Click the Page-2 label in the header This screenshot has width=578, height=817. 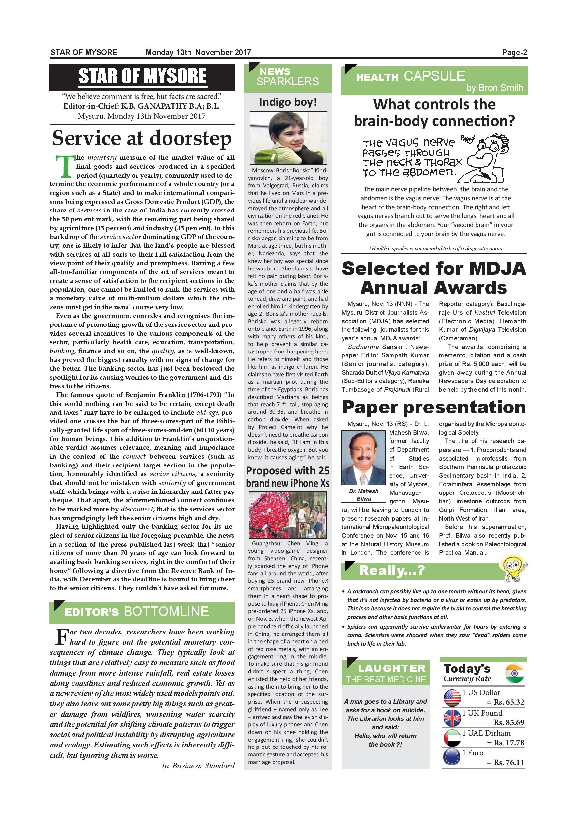point(514,53)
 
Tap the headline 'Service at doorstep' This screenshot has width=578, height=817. point(142,138)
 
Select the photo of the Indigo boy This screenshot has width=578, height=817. point(288,138)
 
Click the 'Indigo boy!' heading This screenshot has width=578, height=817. point(288,102)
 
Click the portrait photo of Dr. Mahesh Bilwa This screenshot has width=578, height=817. point(363,458)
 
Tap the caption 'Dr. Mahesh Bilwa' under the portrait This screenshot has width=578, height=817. point(363,494)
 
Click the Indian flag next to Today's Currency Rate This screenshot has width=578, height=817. point(514,674)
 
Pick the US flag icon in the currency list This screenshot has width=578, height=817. point(452,697)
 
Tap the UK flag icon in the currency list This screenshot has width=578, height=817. point(452,718)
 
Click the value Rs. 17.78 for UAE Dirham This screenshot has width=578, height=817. point(508,743)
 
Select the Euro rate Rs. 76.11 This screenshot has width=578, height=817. point(508,763)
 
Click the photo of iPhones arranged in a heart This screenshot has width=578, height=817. point(288,515)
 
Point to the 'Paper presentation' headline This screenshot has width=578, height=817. point(434,407)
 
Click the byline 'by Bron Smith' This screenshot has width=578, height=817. point(494,88)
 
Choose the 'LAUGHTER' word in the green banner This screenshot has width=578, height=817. point(391,669)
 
